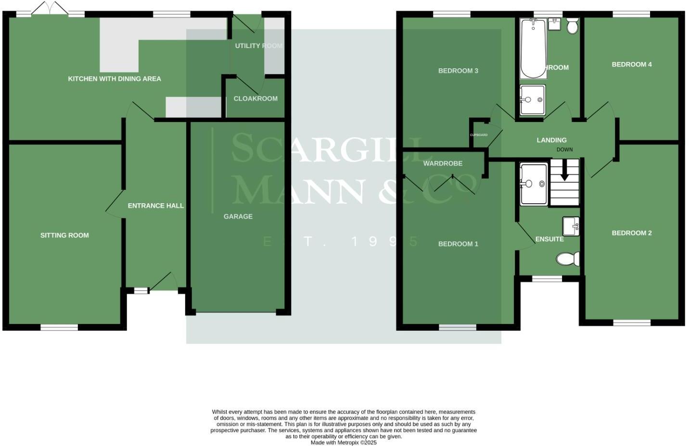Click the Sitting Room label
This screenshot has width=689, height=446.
64,235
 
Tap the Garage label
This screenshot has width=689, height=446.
238,216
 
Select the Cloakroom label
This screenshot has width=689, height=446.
255,99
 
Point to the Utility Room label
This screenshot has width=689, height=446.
258,46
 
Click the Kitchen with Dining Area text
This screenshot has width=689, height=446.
115,78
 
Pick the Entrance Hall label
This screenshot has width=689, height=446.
155,206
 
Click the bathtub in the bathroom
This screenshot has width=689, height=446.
533,48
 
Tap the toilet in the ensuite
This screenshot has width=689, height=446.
568,260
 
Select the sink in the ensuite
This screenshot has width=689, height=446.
571,226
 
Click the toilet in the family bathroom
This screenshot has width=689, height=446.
572,26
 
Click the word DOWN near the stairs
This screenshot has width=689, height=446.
564,149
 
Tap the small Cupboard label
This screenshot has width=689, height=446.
479,135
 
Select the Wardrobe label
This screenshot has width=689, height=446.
443,163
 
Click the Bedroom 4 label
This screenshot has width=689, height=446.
631,64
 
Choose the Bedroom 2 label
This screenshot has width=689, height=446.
631,233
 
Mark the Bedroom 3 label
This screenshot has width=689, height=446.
458,71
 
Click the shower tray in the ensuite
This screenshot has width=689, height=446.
534,184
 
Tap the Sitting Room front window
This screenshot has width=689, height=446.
59,328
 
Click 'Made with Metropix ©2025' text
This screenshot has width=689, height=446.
344,443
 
